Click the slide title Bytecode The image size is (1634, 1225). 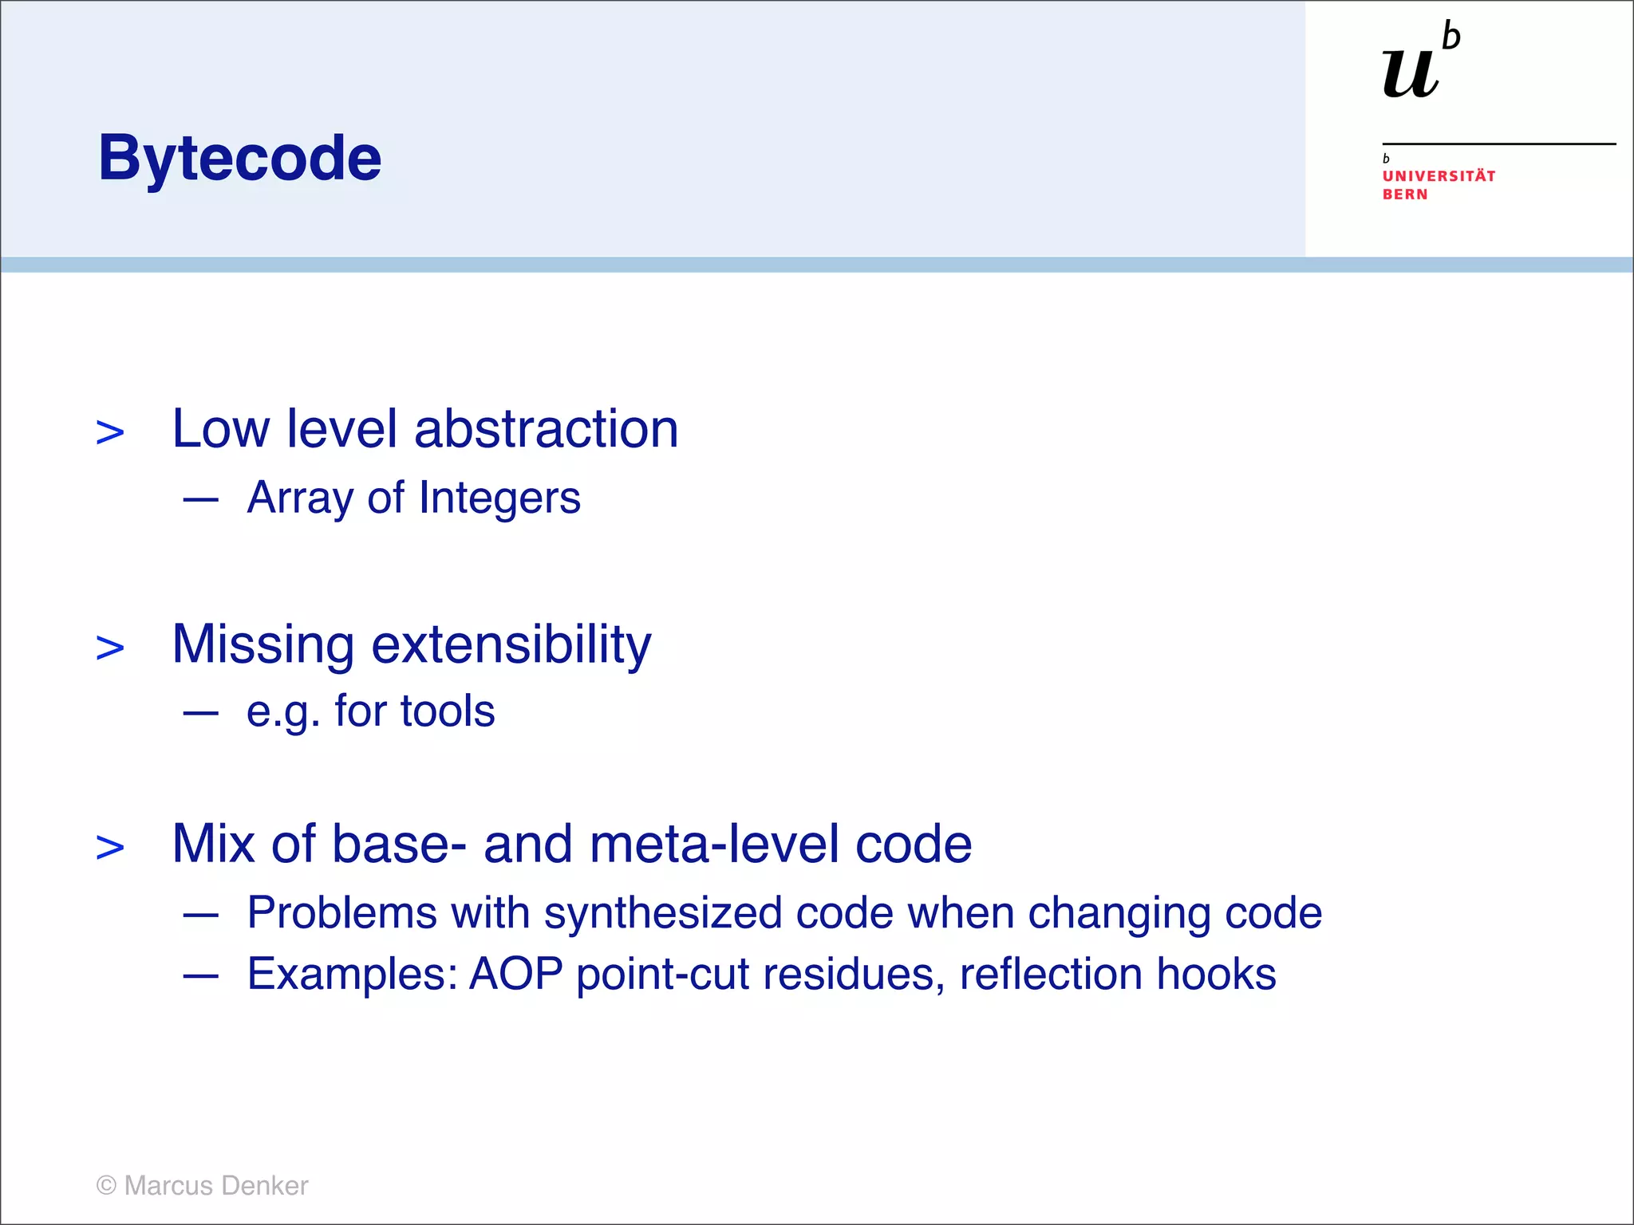point(239,158)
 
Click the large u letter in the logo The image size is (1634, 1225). point(1411,74)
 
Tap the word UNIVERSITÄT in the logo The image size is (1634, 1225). point(1439,176)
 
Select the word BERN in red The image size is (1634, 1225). point(1405,195)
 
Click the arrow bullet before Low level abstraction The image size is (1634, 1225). point(110,433)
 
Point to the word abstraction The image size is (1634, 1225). point(546,429)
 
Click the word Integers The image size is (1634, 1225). point(499,498)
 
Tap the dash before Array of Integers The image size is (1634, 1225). point(200,501)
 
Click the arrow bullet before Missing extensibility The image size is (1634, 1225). point(110,648)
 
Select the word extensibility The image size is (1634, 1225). point(511,644)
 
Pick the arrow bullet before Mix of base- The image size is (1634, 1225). point(110,847)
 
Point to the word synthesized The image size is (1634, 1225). point(662,913)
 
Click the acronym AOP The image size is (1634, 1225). point(515,974)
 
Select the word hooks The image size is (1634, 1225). point(1216,974)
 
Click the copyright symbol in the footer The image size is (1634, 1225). point(106,1186)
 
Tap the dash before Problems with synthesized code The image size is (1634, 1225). point(200,916)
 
